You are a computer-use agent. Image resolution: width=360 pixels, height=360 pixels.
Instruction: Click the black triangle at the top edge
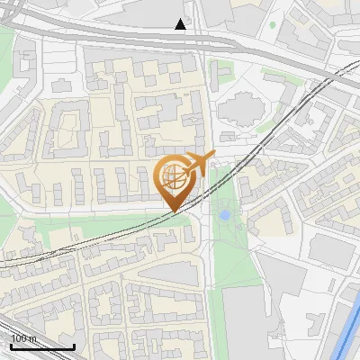pos(181,24)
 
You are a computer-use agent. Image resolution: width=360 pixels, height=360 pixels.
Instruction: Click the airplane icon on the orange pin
pos(199,163)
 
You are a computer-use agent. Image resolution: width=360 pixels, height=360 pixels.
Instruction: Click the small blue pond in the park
pos(224,215)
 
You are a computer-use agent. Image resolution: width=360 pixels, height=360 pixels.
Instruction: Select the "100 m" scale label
pos(23,338)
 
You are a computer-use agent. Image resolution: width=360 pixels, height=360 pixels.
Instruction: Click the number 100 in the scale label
pos(19,338)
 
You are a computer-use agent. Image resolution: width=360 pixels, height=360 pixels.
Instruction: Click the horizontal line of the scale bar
pos(41,346)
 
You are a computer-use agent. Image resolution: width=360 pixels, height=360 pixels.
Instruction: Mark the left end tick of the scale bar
pos(10,345)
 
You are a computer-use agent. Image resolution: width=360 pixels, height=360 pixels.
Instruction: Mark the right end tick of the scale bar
pos(74,345)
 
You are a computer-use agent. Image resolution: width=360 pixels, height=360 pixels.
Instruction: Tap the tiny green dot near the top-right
pos(272,23)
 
